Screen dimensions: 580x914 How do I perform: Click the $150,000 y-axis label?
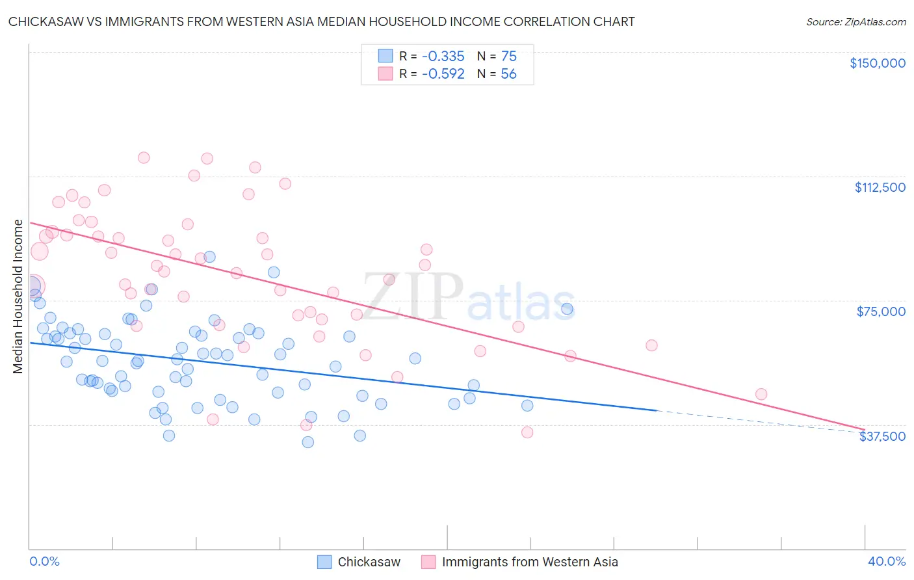[877, 63]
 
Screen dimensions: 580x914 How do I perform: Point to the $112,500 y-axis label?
[880, 187]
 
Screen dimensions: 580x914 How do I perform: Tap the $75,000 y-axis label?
[881, 311]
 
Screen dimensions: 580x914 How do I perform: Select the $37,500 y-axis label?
[882, 436]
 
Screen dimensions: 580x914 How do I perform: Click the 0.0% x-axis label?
[44, 561]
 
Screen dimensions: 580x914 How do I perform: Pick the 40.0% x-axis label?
[886, 561]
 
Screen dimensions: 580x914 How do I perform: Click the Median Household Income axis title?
[18, 297]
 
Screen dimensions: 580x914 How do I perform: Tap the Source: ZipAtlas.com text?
[855, 21]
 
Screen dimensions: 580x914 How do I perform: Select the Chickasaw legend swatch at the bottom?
[324, 562]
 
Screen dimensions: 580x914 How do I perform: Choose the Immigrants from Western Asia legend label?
[530, 562]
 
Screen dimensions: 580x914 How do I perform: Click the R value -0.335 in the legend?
[443, 56]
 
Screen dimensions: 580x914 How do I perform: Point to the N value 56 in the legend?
[508, 74]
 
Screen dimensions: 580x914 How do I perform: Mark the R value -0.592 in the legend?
[443, 74]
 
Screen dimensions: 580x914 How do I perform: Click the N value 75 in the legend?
[508, 56]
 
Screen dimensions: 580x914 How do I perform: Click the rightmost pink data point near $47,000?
[761, 394]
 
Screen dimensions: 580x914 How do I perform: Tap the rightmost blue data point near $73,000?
[568, 309]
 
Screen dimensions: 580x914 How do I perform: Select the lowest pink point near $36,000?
[527, 432]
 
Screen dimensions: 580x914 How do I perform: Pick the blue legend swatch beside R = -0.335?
[385, 56]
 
